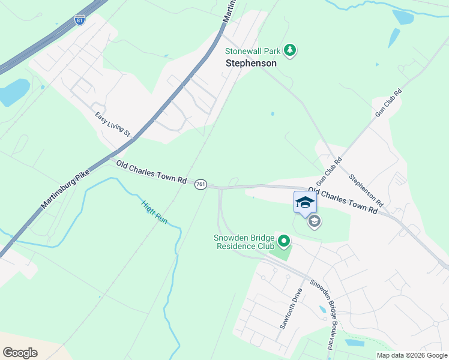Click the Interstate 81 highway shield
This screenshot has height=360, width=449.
[80, 20]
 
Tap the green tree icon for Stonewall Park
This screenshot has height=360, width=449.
[291, 50]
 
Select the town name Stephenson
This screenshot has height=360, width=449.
[251, 63]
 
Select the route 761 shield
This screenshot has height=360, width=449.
[201, 185]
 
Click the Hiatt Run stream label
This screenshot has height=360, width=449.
[154, 211]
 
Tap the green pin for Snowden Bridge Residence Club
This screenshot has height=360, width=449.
[284, 242]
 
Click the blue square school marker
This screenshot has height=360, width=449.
[304, 202]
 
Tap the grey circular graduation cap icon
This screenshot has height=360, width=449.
[313, 222]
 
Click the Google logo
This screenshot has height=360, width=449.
[20, 352]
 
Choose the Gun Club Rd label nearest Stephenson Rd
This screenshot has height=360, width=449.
[329, 171]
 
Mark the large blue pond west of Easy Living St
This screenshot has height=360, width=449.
[13, 92]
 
